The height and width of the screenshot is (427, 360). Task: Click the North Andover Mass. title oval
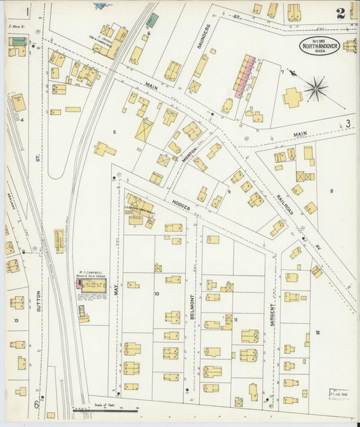coord(319,45)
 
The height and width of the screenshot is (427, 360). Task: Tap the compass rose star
coord(315,88)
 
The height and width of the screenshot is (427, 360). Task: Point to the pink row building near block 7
coord(245,76)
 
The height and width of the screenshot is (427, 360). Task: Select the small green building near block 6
coord(153,21)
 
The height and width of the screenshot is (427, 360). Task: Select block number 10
coord(157,293)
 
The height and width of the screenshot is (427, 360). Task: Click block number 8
coord(332,191)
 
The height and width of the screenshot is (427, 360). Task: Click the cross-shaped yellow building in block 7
coord(292,98)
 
